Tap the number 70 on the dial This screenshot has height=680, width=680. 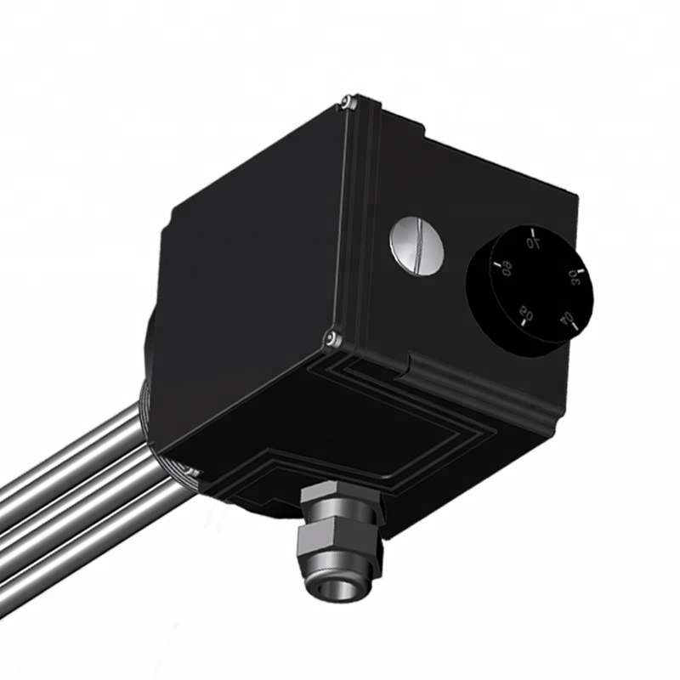[534, 243]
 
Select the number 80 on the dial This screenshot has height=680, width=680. [506, 269]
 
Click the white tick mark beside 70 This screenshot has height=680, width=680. [532, 229]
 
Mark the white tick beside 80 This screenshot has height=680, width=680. [495, 263]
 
